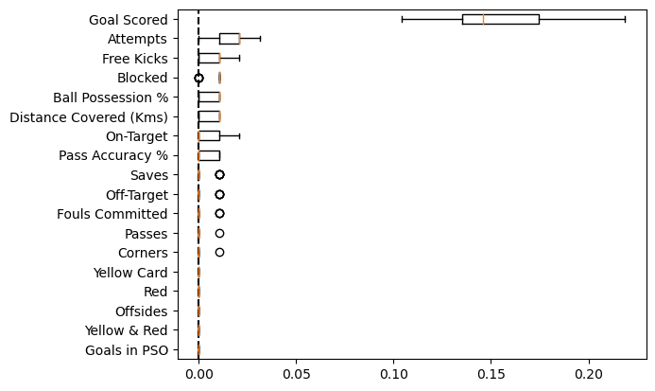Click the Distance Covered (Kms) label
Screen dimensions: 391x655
[89, 116]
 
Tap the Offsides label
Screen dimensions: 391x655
[141, 311]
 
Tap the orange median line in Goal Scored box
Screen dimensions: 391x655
[483, 19]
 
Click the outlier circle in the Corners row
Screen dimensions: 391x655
[219, 253]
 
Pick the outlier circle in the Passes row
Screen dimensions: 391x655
[219, 233]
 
